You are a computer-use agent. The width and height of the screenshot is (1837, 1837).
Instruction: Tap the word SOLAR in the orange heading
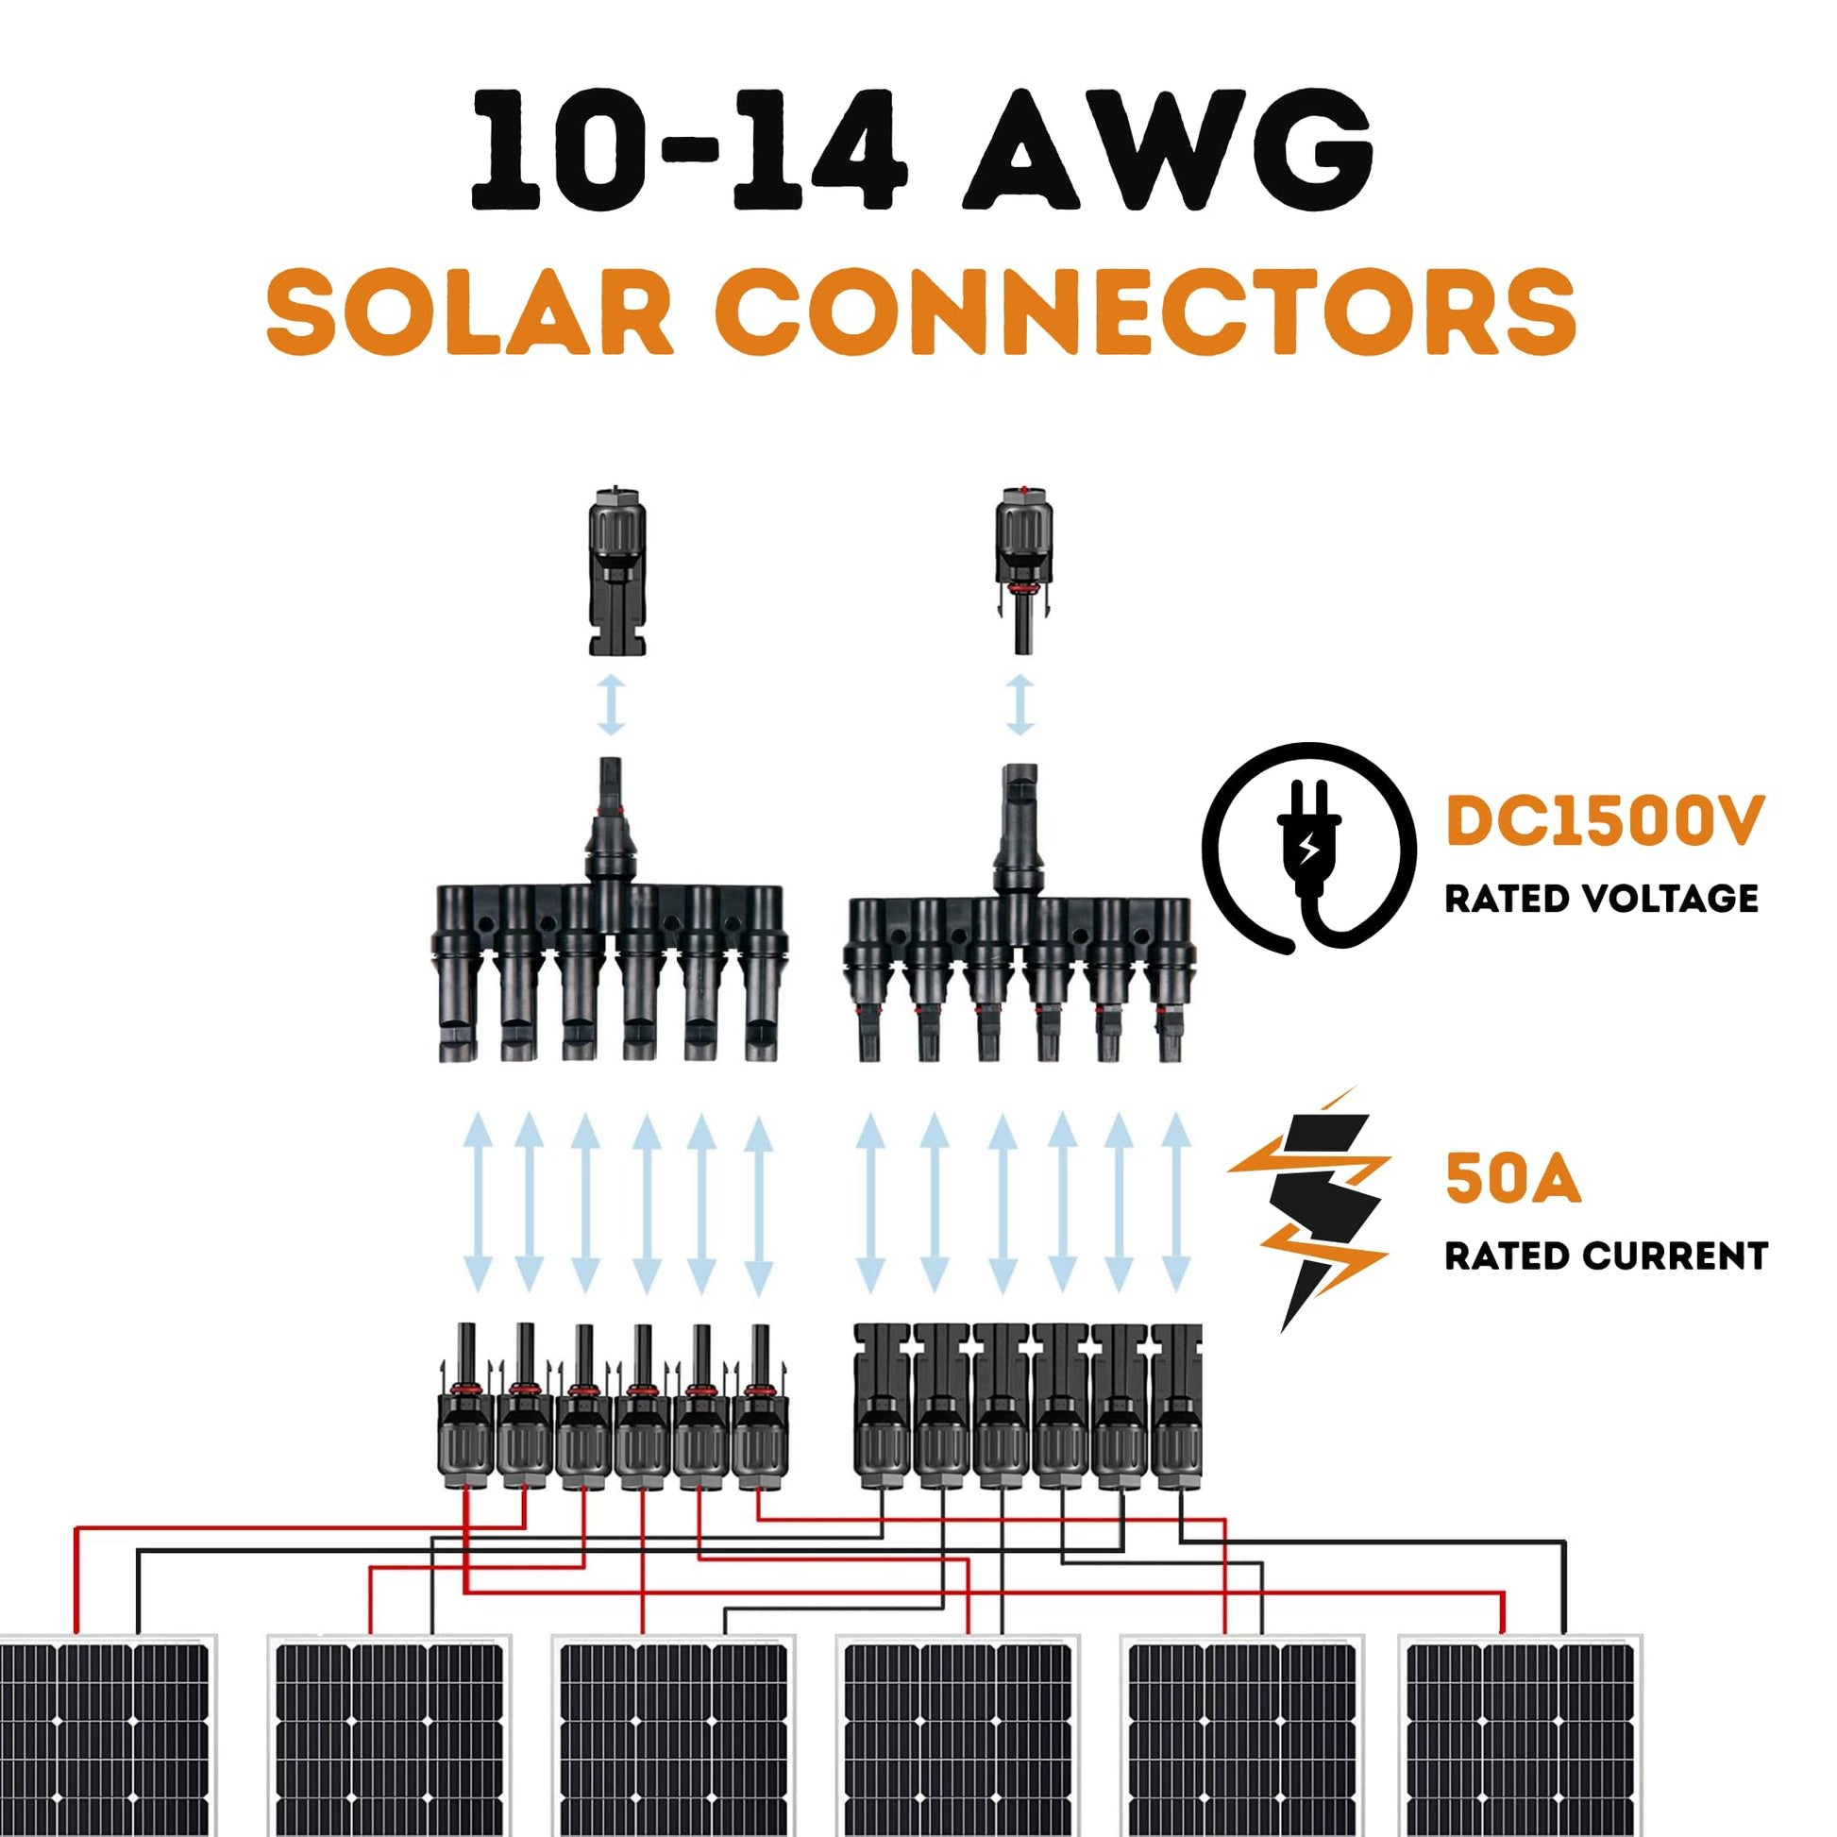[471, 312]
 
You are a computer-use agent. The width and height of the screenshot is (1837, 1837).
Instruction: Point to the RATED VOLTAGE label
[1601, 899]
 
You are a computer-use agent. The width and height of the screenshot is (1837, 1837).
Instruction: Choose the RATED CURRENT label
[1605, 1256]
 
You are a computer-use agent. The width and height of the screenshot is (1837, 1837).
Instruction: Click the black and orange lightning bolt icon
[1317, 1207]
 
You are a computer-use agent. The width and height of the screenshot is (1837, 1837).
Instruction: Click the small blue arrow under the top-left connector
[612, 704]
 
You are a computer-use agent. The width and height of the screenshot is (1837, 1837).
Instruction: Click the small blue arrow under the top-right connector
[1020, 704]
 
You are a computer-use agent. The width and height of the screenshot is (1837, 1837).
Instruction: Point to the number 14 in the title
[817, 150]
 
